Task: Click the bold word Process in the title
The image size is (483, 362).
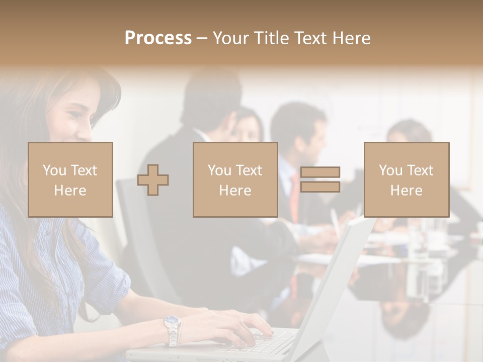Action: tap(158, 38)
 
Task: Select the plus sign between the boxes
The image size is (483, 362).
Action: tap(153, 180)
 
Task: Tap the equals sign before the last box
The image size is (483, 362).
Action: tap(320, 179)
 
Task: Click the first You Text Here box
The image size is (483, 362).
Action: tap(70, 179)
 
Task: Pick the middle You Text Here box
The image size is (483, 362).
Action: tap(235, 179)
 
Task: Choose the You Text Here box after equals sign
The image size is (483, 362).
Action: tap(407, 179)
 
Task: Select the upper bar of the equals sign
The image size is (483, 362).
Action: tap(320, 173)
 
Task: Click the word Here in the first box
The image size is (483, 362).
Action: tap(70, 191)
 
